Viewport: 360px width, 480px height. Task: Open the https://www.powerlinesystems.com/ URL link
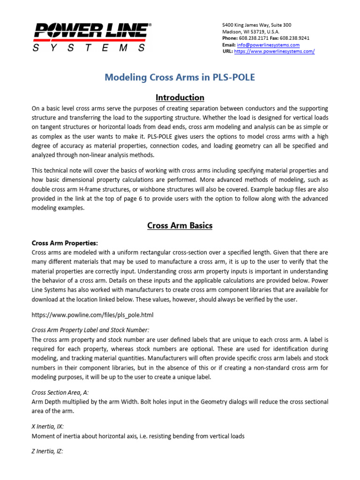(x=274, y=52)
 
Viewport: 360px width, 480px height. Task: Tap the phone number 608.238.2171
(x=255, y=38)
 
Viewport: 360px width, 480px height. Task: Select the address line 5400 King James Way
(x=256, y=25)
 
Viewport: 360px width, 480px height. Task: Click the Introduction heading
(x=180, y=97)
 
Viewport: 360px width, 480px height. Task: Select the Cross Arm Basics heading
(x=180, y=225)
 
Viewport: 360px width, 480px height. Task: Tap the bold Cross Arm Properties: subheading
(x=65, y=243)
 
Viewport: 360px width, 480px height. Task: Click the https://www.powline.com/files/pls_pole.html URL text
(x=92, y=315)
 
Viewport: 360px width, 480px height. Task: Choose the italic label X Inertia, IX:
(x=48, y=427)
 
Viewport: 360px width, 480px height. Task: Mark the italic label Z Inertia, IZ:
(x=47, y=451)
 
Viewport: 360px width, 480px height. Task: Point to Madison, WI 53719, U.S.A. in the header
(x=251, y=31)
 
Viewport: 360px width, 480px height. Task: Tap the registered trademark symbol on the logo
(x=150, y=24)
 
